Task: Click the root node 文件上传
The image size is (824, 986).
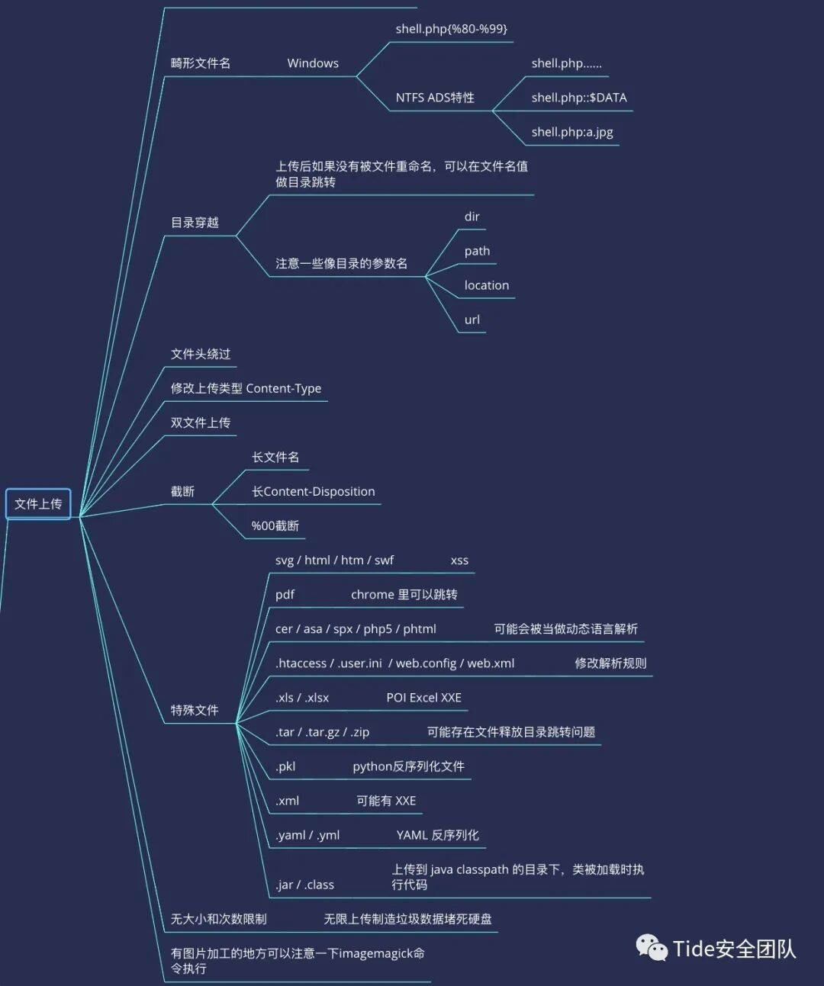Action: click(x=38, y=504)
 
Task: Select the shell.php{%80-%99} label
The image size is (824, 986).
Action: click(x=451, y=29)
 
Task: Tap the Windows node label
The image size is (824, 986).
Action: click(x=313, y=63)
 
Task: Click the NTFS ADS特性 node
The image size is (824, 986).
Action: click(x=435, y=98)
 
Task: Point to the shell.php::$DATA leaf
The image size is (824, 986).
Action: click(x=579, y=98)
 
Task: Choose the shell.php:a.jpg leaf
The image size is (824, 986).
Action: click(x=572, y=132)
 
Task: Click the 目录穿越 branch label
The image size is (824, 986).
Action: click(x=195, y=223)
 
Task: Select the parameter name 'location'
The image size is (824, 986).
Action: click(x=486, y=285)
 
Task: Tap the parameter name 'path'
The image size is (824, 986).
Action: click(x=477, y=251)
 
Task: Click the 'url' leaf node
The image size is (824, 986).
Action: click(x=472, y=320)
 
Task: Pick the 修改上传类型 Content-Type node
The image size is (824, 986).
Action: click(x=246, y=388)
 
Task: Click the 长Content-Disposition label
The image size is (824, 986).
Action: click(x=313, y=491)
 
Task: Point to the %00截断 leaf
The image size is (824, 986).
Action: click(x=275, y=525)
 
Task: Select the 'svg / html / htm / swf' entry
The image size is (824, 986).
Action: click(x=334, y=560)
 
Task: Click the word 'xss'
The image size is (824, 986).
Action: click(x=459, y=560)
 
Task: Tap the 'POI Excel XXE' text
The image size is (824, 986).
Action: click(x=423, y=698)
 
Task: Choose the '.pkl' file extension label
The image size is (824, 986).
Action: click(x=285, y=766)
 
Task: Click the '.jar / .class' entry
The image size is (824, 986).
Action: click(x=304, y=885)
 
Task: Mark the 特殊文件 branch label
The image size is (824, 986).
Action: click(x=195, y=710)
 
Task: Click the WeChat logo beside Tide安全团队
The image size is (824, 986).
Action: click(x=652, y=948)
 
